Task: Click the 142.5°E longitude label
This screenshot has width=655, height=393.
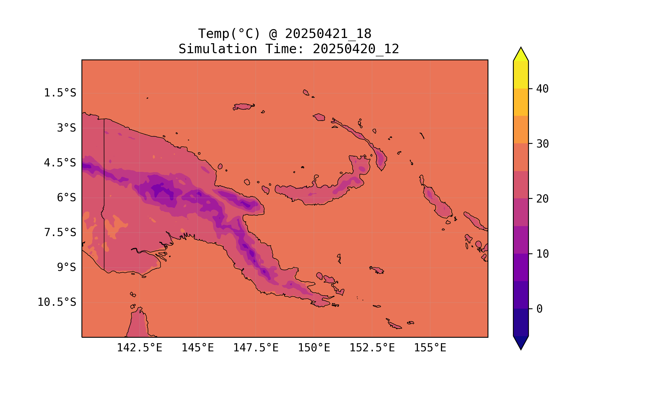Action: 140,348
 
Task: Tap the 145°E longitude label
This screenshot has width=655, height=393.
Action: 198,348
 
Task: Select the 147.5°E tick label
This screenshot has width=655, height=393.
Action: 256,348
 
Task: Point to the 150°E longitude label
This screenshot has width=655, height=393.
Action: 314,348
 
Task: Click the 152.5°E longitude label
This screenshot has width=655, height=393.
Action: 372,348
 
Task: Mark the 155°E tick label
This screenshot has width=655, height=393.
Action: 430,348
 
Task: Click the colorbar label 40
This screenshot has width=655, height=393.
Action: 542,89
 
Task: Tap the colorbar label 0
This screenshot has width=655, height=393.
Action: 539,309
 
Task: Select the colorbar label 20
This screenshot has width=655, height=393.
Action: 542,199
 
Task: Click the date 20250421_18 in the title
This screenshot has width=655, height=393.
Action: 328,34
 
